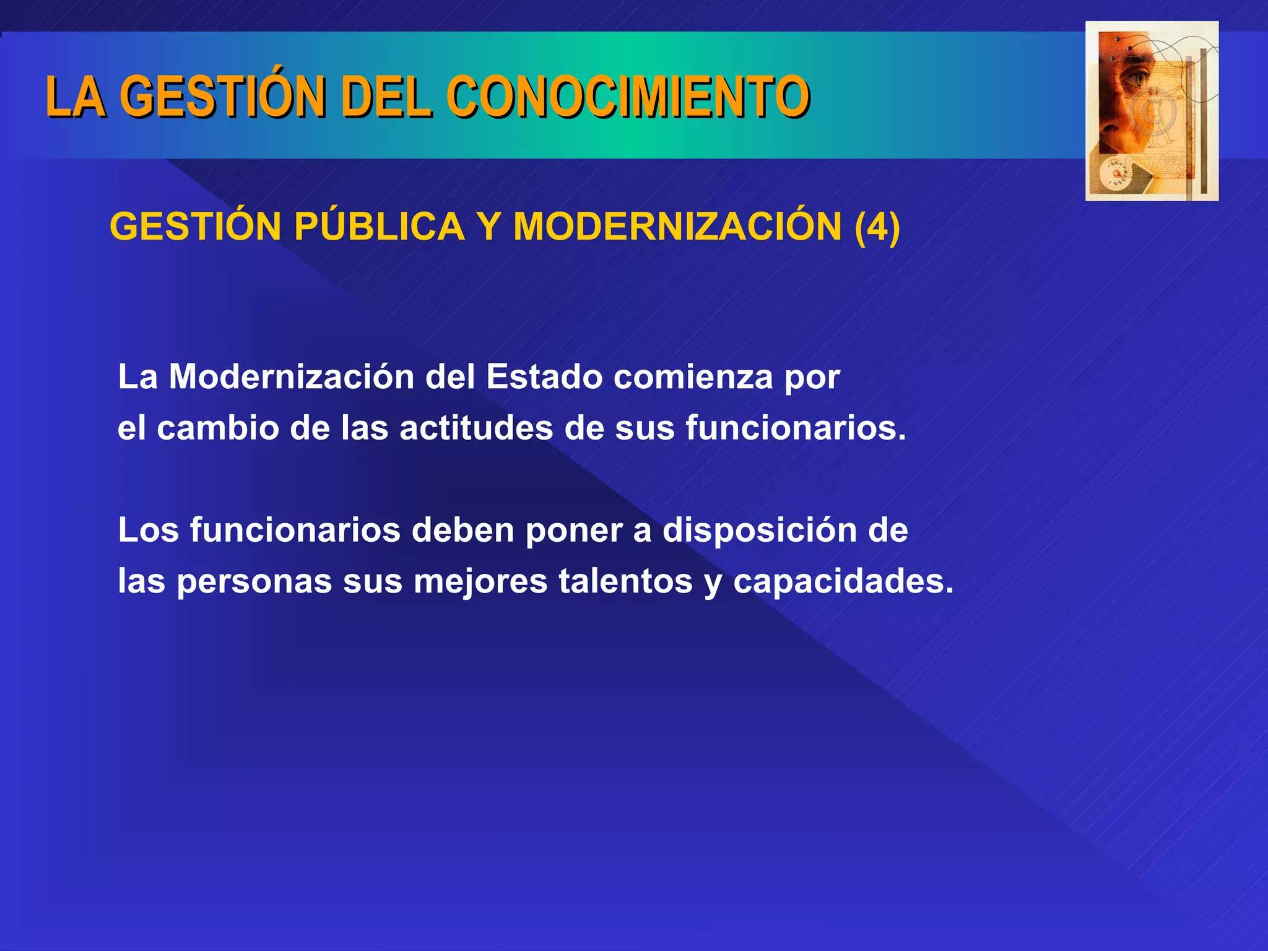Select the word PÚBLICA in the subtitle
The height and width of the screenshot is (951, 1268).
click(379, 227)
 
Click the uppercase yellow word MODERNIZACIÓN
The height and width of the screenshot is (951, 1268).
click(677, 227)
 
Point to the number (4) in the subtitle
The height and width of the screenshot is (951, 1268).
click(877, 227)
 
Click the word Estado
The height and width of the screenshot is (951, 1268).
click(544, 376)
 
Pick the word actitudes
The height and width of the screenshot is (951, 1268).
click(476, 428)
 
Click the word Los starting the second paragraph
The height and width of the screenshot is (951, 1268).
click(149, 530)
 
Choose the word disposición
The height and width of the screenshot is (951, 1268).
click(759, 530)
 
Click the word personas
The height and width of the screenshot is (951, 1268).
click(254, 581)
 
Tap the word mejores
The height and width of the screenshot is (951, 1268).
click(480, 581)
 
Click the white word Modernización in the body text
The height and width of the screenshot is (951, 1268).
click(292, 376)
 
